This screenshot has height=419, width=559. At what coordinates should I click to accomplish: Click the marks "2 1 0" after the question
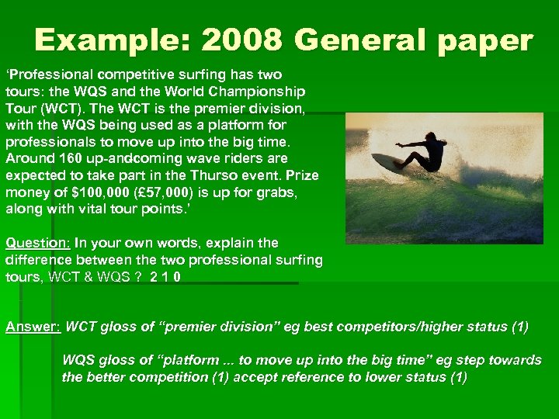coord(166,277)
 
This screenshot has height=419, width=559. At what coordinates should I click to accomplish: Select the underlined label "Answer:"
coord(33,327)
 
